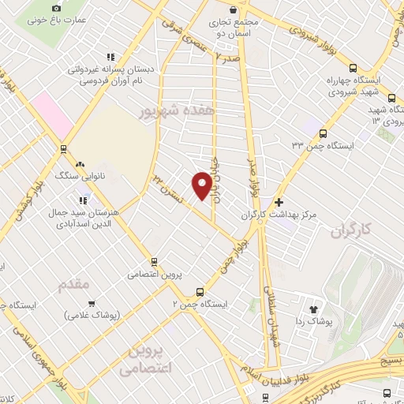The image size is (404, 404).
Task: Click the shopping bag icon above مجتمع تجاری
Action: [232, 9]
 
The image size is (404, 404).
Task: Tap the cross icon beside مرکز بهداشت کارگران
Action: [279, 203]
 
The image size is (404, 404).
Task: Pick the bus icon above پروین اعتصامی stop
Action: [155, 263]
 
